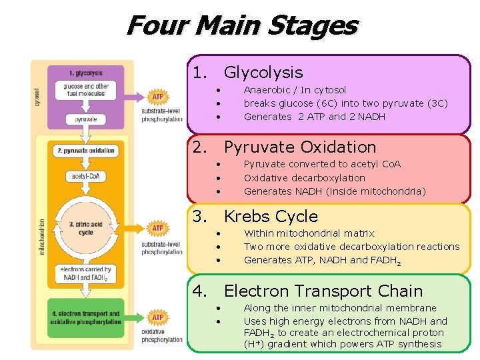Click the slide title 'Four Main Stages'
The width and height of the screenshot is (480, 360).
tap(241, 25)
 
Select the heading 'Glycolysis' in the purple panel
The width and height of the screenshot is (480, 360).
tap(263, 73)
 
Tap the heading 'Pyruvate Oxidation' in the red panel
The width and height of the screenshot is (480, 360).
tap(299, 147)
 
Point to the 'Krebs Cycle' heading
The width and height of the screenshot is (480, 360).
tap(271, 217)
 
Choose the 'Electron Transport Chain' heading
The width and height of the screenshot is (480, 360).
tap(323, 291)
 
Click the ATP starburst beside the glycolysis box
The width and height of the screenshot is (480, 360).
tap(157, 97)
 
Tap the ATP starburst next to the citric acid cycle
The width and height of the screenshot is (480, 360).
tap(157, 228)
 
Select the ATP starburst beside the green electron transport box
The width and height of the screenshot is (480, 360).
tap(157, 317)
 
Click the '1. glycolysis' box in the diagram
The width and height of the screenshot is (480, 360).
tap(85, 73)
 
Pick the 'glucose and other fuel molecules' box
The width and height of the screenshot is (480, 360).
tap(85, 90)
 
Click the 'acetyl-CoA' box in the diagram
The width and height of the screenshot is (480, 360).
tap(85, 177)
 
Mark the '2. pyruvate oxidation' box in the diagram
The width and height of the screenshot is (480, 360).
tap(85, 151)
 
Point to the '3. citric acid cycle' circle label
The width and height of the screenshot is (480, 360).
tap(85, 229)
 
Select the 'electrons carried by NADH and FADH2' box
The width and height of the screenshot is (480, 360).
tap(85, 273)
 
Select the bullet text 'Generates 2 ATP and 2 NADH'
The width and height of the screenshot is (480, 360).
tap(314, 117)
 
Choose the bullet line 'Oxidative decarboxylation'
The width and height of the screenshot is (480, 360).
tap(304, 178)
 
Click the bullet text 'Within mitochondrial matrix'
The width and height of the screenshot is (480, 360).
tap(309, 233)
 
